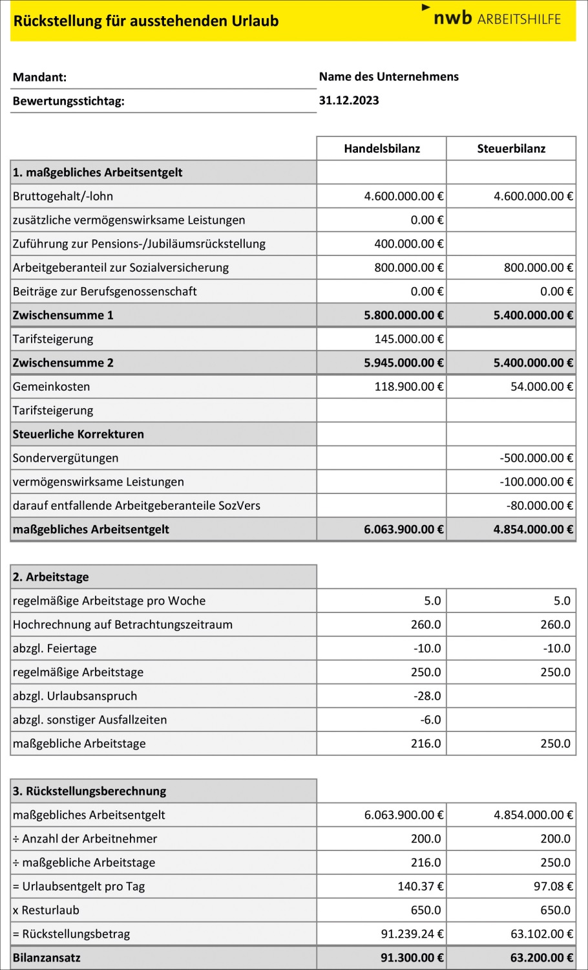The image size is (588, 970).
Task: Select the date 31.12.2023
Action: (x=349, y=100)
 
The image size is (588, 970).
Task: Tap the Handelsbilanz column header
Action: (x=382, y=149)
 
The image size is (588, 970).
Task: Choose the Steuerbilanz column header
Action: (x=511, y=149)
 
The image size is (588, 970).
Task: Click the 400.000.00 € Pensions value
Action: (x=408, y=244)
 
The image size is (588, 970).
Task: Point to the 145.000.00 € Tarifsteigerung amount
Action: (x=408, y=339)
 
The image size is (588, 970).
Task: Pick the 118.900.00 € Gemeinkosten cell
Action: (x=408, y=387)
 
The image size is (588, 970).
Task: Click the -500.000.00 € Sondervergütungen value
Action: (x=536, y=458)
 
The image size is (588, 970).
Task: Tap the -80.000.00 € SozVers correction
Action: (x=540, y=506)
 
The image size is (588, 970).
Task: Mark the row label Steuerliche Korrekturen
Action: (x=78, y=434)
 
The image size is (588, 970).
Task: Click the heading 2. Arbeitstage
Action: (x=51, y=577)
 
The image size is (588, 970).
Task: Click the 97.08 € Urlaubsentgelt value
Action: (x=553, y=887)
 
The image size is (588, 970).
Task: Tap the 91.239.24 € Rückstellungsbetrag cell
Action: (x=412, y=934)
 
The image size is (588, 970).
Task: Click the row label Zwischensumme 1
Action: (x=63, y=315)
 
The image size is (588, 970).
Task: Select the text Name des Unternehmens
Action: (x=388, y=76)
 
